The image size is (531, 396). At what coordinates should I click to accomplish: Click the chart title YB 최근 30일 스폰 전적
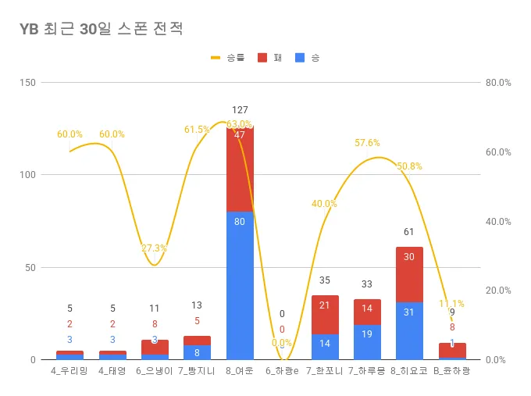coord(102,30)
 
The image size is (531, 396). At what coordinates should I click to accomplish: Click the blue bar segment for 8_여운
coord(240,285)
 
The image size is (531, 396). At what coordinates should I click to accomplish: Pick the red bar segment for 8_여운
coord(240,168)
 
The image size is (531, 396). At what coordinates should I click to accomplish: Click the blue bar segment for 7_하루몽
coord(367,342)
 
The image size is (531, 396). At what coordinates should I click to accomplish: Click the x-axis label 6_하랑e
coord(282,372)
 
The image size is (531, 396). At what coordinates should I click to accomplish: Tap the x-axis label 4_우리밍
coord(69,372)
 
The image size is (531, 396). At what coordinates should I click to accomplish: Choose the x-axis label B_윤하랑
coord(452,372)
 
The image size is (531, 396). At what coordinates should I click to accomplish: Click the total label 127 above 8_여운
coord(240,110)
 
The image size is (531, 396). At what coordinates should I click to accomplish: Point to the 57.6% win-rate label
coord(367,143)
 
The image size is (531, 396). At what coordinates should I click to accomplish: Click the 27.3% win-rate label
coord(154,248)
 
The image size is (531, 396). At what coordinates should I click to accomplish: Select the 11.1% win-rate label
coord(451,303)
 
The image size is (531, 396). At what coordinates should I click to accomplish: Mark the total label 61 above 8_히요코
coord(409,232)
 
